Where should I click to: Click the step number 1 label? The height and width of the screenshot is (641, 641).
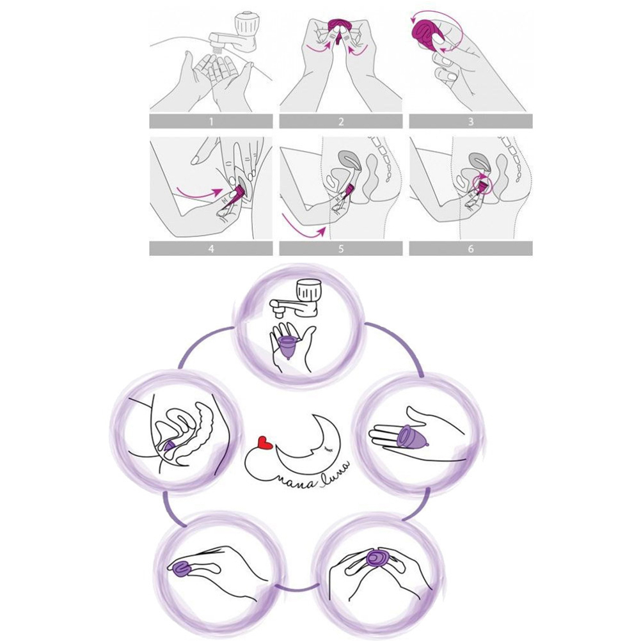click(211, 122)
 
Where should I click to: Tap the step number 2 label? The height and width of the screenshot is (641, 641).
click(341, 122)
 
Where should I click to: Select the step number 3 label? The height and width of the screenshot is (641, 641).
click(471, 122)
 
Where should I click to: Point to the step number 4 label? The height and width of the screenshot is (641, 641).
click(211, 249)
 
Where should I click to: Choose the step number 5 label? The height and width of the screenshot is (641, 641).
click(341, 249)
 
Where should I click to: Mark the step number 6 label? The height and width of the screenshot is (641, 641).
click(471, 249)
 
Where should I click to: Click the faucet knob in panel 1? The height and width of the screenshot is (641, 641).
click(246, 26)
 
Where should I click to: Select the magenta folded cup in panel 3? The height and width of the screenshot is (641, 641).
click(429, 34)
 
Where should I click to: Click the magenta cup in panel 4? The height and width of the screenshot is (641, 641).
click(235, 194)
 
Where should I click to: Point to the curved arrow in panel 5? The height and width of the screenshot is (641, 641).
click(303, 227)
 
